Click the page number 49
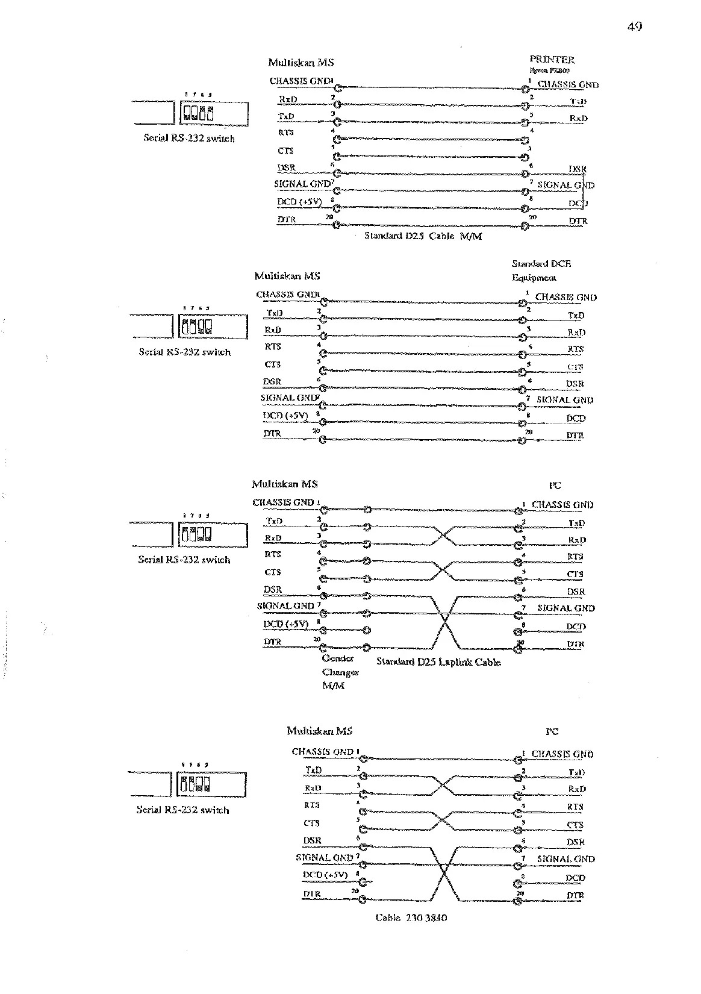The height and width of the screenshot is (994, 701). tap(634, 26)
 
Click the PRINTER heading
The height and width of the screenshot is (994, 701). tap(552, 59)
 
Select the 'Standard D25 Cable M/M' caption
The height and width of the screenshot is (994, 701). tap(423, 236)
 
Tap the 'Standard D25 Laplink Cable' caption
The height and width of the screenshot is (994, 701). tap(438, 662)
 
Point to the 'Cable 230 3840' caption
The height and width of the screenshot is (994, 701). tap(411, 917)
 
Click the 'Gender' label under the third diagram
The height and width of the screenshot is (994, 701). tap(337, 658)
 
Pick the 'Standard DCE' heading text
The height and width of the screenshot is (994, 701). tap(541, 263)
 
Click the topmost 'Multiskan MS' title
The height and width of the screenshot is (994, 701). tap(301, 62)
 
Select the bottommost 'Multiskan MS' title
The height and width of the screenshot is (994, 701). tap(319, 731)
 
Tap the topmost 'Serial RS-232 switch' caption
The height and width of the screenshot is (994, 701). tap(188, 138)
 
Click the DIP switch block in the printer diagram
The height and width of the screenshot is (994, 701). tap(198, 113)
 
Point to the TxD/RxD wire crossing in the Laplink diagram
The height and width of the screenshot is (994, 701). tap(443, 535)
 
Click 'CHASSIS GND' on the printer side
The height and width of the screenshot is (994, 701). tap(567, 85)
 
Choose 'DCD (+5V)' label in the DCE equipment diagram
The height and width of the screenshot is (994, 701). tap(285, 416)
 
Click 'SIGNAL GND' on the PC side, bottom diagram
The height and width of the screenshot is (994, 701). tap(565, 859)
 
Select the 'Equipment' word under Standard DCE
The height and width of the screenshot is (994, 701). tap(534, 278)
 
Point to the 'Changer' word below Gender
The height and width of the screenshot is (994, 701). tap(340, 672)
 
